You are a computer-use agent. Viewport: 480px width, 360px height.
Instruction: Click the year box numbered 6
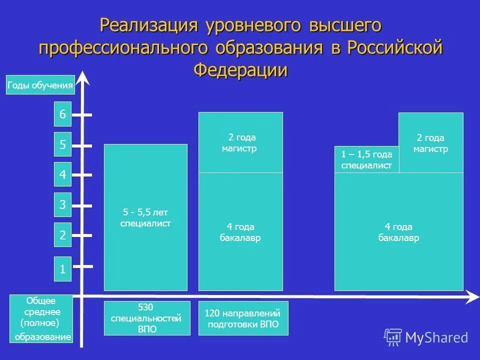[x=62, y=114]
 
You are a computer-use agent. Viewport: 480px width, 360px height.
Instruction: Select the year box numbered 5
[x=62, y=145]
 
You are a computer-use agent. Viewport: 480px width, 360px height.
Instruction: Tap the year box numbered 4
[x=62, y=175]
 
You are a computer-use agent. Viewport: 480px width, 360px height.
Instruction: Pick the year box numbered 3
[x=62, y=205]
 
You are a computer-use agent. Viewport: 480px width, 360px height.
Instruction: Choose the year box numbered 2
[x=62, y=235]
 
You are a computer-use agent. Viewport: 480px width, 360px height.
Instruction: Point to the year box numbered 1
[x=62, y=269]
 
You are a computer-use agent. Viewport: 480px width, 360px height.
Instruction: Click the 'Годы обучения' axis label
[x=40, y=85]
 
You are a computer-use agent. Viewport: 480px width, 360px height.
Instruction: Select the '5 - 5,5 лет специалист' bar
[x=145, y=217]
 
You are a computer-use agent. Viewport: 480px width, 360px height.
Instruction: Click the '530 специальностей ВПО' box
[x=147, y=318]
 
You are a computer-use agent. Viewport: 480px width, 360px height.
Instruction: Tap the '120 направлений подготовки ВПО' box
[x=243, y=318]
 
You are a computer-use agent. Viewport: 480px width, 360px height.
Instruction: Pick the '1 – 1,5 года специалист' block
[x=366, y=160]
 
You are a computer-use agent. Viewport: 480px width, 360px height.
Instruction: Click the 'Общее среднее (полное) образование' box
[x=41, y=319]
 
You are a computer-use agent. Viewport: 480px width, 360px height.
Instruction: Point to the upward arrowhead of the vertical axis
[x=83, y=77]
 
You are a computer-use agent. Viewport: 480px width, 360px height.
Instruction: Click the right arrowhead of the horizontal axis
[x=473, y=297]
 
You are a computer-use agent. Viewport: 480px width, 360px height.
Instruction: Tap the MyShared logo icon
[x=393, y=337]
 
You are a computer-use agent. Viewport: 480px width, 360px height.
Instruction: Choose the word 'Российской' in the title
[x=394, y=47]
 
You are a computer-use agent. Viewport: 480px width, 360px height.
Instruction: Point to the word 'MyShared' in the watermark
[x=436, y=338]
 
